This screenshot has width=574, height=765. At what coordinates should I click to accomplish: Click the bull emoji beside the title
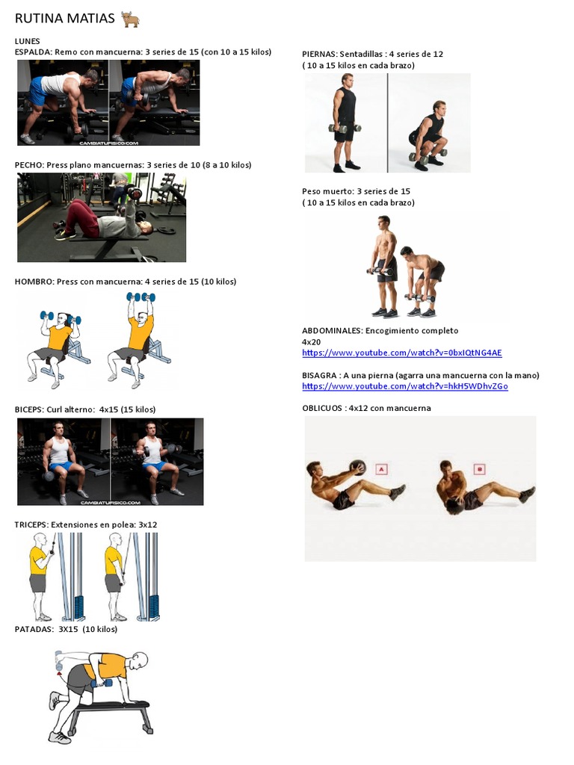coord(130,19)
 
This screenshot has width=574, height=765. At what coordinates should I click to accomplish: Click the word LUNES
coord(28,42)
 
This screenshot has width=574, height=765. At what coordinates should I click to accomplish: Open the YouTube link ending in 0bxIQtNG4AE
coord(401,353)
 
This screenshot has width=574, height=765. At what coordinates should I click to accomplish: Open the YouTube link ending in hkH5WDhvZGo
coord(404,386)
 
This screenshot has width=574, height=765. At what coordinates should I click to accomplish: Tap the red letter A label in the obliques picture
coord(381,469)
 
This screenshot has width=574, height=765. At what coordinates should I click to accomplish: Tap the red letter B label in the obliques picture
coord(479,469)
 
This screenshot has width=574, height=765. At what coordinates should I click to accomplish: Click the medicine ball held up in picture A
coord(358,468)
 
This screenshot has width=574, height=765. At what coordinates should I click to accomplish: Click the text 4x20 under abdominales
coord(312,342)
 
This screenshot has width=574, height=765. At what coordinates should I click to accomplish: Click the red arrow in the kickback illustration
coord(60,673)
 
